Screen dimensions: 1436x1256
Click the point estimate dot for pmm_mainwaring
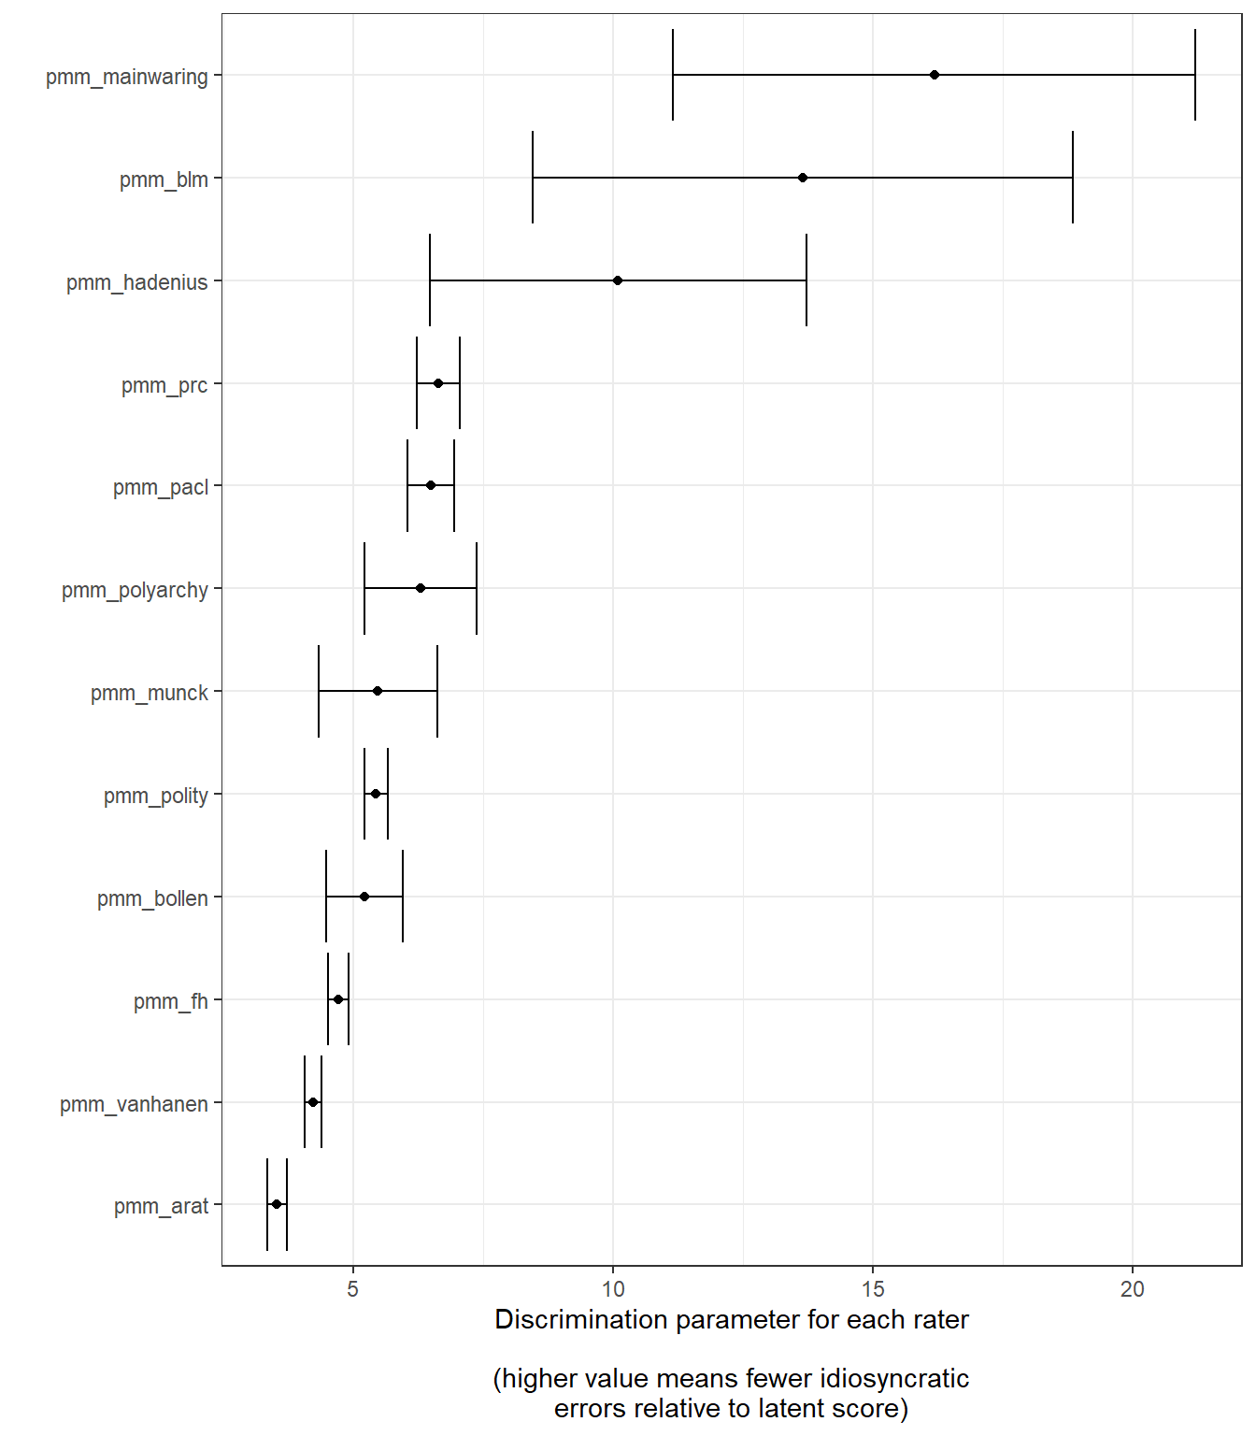click(x=935, y=75)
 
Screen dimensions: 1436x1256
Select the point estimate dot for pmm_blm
click(x=803, y=178)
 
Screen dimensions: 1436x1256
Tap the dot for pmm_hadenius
click(x=618, y=280)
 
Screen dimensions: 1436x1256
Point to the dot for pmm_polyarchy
click(x=421, y=588)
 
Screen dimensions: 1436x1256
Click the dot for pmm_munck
click(x=378, y=691)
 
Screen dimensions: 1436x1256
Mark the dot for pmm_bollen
click(x=364, y=897)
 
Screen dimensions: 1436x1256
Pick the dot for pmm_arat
click(x=277, y=1204)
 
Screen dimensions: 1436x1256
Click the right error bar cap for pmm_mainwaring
click(x=1195, y=75)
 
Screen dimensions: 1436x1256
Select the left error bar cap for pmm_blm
click(x=533, y=178)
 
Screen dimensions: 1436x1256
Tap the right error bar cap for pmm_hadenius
click(x=806, y=280)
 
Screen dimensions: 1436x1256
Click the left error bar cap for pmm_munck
click(x=319, y=691)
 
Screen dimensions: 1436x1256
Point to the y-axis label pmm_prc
click(x=164, y=385)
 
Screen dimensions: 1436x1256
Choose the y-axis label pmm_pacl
click(x=161, y=487)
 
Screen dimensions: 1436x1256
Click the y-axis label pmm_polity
click(x=156, y=796)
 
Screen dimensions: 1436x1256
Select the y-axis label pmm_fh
click(x=171, y=1001)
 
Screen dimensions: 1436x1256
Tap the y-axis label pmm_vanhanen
click(x=135, y=1104)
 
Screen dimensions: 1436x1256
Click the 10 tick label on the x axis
click(x=613, y=1289)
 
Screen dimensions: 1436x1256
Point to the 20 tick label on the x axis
click(x=1133, y=1289)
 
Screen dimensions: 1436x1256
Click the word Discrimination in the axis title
click(x=580, y=1319)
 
